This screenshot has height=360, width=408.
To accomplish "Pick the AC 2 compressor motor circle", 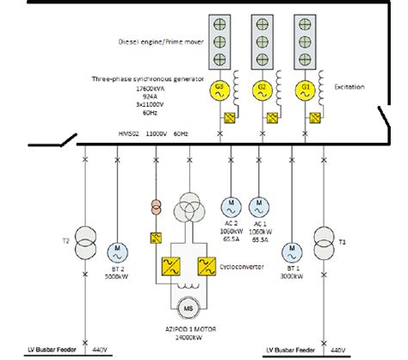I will tap(230, 206).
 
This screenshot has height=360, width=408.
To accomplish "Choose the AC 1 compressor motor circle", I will tap(257, 206).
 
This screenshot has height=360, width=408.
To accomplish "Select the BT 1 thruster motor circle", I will tap(294, 251).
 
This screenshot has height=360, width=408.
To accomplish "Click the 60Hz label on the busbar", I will tap(181, 134).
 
